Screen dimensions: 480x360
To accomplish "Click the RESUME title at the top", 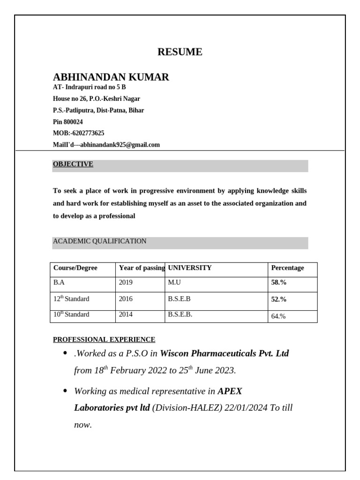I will pyautogui.click(x=180, y=52).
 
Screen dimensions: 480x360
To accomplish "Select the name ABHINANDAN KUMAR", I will pyautogui.click(x=111, y=77).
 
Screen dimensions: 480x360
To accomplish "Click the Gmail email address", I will pyautogui.click(x=120, y=145).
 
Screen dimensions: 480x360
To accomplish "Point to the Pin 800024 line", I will pyautogui.click(x=68, y=122).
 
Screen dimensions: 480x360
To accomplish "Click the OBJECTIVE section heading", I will pyautogui.click(x=73, y=164).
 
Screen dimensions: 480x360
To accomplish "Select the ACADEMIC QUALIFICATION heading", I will pyautogui.click(x=99, y=241).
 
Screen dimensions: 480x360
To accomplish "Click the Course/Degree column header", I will pyautogui.click(x=75, y=268).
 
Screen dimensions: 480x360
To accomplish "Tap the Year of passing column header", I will pyautogui.click(x=141, y=268).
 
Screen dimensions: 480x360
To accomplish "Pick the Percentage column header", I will pyautogui.click(x=287, y=268).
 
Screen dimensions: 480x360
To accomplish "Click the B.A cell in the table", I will pyautogui.click(x=59, y=283).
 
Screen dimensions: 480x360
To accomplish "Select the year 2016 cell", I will pyautogui.click(x=126, y=299).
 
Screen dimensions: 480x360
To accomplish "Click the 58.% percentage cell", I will pyautogui.click(x=279, y=283).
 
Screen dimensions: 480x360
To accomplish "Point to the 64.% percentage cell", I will pyautogui.click(x=278, y=316).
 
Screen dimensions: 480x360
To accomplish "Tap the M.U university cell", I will pyautogui.click(x=174, y=283).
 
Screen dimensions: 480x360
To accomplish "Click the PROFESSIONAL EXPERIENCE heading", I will pyautogui.click(x=104, y=339).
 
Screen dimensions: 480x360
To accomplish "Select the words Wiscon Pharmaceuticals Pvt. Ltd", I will pyautogui.click(x=225, y=353).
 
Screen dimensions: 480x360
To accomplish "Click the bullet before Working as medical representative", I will pyautogui.click(x=64, y=391).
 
